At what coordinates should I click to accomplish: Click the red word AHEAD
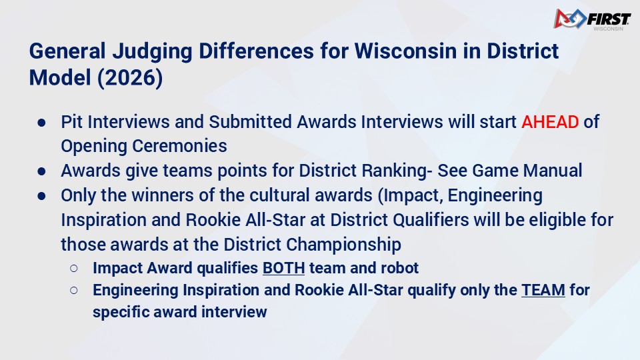[550, 121]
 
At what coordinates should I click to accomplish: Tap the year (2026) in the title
[130, 77]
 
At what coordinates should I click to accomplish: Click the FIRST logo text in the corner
[609, 19]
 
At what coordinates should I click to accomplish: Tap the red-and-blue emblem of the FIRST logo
[570, 19]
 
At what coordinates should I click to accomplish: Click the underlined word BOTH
[284, 268]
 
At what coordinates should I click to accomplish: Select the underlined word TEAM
[543, 290]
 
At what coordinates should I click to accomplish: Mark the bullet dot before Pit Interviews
[41, 123]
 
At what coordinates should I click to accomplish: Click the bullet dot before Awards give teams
[41, 171]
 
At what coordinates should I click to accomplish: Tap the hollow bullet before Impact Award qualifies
[74, 268]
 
